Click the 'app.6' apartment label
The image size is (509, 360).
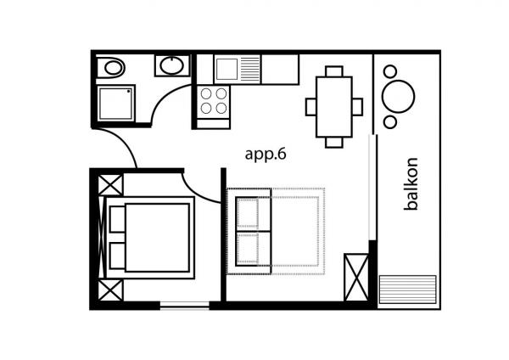266,154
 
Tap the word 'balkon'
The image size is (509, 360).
411,184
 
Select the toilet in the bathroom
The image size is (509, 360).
111,68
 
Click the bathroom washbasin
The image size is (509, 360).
172,65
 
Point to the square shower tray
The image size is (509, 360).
116,103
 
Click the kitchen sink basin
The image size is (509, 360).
227,69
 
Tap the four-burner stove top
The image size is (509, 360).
213,101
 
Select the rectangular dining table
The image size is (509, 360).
334,107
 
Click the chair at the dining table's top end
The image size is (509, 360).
334,71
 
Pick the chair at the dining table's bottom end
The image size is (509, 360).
334,143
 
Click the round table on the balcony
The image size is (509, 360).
398,97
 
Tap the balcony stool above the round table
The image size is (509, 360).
390,71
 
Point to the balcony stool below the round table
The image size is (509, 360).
390,122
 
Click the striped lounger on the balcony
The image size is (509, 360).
408,290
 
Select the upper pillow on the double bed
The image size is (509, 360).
118,219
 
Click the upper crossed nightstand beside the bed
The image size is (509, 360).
110,184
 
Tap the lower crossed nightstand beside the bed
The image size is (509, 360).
110,290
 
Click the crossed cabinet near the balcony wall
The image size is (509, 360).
356,278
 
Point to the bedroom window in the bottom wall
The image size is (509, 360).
184,306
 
